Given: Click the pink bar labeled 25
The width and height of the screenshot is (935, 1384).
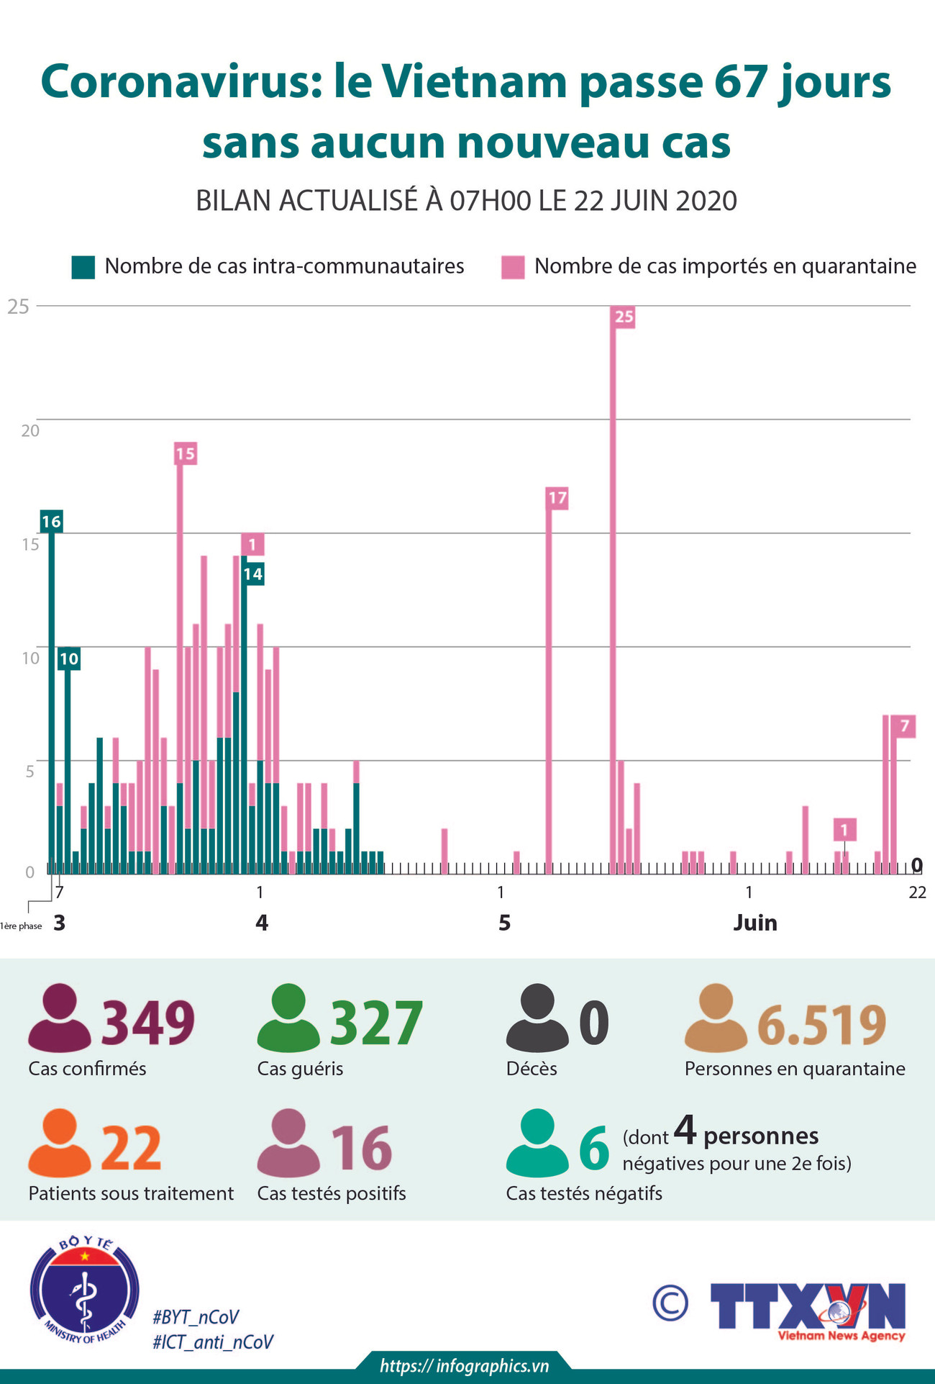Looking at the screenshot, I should (613, 590).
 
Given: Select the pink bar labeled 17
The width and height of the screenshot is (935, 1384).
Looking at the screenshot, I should (549, 684).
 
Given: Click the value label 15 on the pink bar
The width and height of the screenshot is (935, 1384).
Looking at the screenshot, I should (185, 453).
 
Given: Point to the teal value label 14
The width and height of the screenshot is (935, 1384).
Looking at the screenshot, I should (252, 574).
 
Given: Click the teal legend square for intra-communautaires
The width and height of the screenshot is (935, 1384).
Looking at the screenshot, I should (83, 267).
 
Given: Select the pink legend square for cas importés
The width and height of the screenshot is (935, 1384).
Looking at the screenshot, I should (513, 267).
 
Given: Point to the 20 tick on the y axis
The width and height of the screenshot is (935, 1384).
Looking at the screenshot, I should (29, 430).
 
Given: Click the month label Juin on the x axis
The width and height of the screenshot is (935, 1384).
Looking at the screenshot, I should (754, 923).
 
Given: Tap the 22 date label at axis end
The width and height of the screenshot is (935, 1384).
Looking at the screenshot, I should (917, 892).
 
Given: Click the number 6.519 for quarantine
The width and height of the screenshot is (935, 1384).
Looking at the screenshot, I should (821, 1025).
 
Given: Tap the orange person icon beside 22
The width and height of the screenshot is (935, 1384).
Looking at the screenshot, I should (59, 1143).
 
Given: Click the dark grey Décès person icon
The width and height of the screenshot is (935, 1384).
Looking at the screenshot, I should (537, 1018).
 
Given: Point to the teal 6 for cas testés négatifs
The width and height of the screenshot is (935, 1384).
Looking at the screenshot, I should (594, 1149).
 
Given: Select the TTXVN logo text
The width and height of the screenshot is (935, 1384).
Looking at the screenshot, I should (807, 1306).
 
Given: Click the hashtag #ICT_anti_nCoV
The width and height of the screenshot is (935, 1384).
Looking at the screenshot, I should (213, 1342).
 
